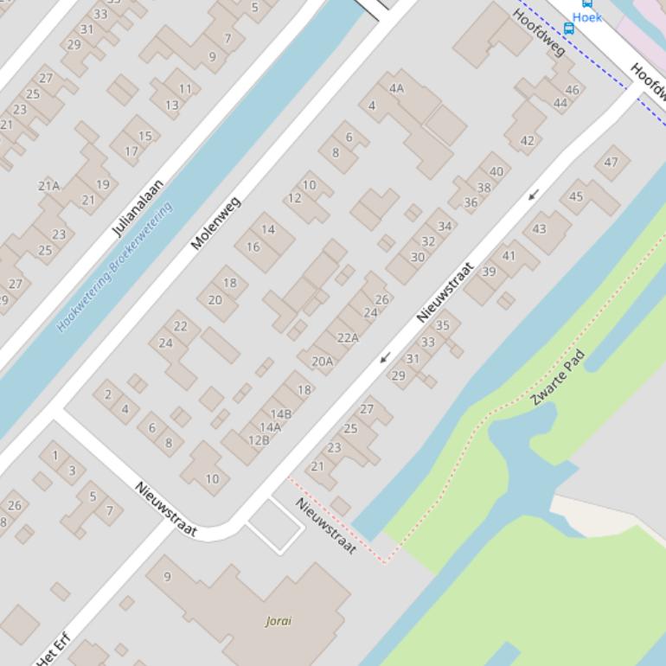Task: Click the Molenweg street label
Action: (x=215, y=223)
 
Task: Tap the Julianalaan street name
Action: (x=138, y=208)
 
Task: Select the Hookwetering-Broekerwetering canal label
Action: (x=114, y=266)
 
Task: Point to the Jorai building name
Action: (x=279, y=620)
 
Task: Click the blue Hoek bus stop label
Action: (x=586, y=17)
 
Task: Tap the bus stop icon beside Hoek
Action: (x=568, y=29)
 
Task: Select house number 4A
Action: (x=396, y=88)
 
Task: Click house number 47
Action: (x=612, y=162)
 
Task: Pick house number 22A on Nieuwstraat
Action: (x=348, y=337)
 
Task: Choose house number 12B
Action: (x=259, y=440)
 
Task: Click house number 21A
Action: (x=48, y=185)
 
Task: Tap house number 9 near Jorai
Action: (x=167, y=576)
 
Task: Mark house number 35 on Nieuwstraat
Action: (x=442, y=325)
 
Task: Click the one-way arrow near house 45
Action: (x=534, y=195)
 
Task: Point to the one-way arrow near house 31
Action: (x=385, y=356)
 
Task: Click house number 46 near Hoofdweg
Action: (x=572, y=90)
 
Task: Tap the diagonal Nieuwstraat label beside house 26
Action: (x=445, y=292)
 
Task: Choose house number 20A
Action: (x=322, y=361)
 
